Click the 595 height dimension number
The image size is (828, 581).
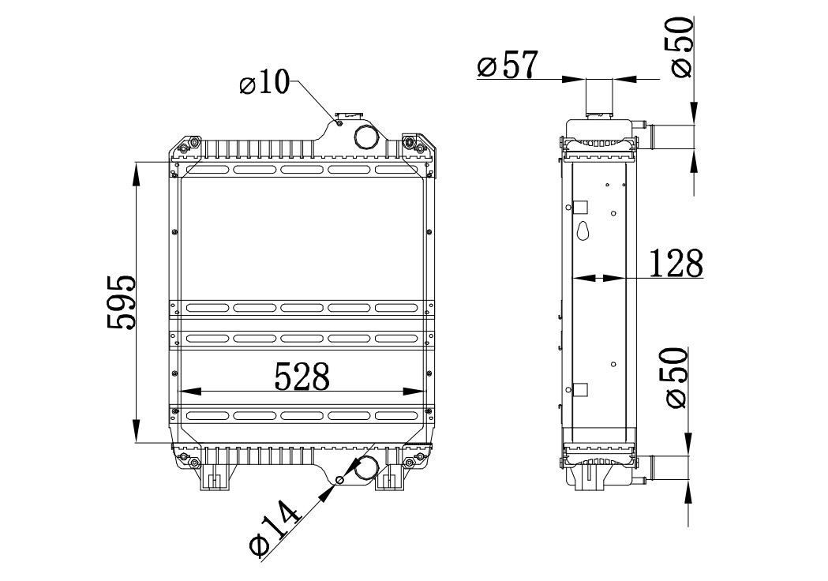pos(121,302)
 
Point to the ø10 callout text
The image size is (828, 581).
pos(265,83)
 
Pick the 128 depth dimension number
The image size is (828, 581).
pos(676,264)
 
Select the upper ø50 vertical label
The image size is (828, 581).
pos(682,46)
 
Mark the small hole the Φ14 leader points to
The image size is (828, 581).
pos(340,480)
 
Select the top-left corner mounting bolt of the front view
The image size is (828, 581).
pos(184,148)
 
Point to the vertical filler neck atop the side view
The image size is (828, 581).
pos(599,97)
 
